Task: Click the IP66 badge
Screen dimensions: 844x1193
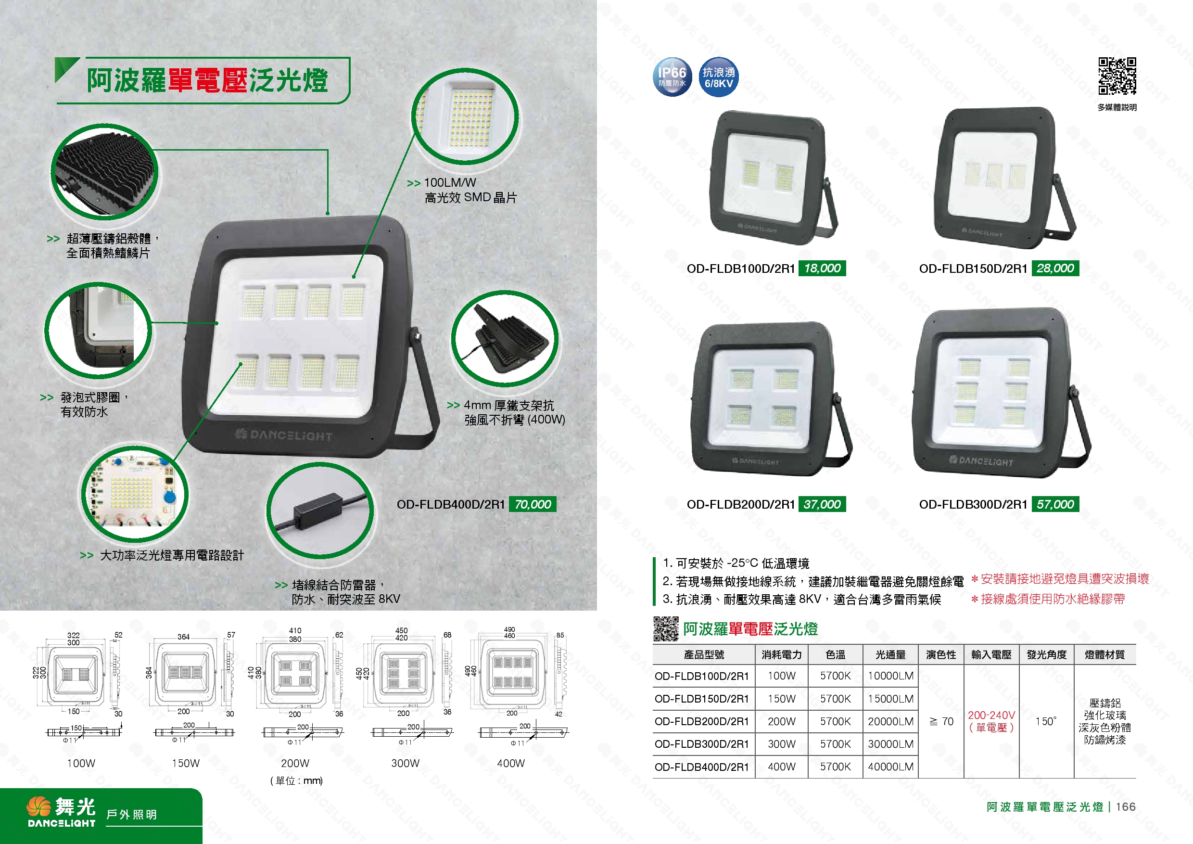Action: click(672, 77)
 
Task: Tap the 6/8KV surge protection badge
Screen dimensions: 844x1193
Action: click(719, 77)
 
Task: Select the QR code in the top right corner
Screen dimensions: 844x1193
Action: click(1117, 76)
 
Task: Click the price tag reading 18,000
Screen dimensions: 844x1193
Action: click(822, 268)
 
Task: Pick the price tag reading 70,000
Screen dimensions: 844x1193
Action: click(532, 504)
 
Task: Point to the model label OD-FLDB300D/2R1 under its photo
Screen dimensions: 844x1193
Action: click(973, 504)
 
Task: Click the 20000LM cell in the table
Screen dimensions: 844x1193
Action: click(890, 721)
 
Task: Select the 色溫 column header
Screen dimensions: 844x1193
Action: click(835, 655)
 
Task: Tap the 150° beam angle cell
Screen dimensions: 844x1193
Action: click(1045, 721)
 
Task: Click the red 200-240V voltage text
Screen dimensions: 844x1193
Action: click(991, 716)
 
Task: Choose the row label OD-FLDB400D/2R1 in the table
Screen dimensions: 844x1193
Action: click(701, 767)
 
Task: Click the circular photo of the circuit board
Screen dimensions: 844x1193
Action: click(133, 493)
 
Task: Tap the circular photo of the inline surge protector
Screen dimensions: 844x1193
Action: click(319, 511)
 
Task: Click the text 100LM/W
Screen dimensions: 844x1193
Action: click(449, 183)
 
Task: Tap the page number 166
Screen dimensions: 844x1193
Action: click(1126, 806)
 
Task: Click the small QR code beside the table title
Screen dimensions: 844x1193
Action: click(666, 629)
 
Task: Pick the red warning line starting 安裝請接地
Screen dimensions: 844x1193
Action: click(1064, 579)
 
